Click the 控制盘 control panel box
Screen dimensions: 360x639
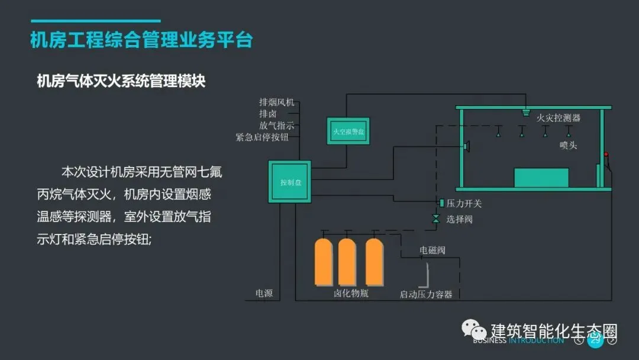coord(289,182)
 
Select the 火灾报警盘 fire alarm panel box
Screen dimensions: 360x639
coord(347,131)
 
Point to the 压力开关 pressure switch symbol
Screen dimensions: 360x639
coord(441,203)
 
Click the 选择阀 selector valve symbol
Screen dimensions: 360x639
coord(436,219)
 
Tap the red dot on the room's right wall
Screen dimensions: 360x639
coord(606,155)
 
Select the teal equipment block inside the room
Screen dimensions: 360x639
coord(541,178)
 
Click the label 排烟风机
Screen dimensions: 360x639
coord(276,102)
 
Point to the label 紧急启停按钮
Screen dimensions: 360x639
coord(262,137)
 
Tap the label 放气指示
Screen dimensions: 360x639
coord(276,126)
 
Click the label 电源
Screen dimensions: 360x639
coord(264,293)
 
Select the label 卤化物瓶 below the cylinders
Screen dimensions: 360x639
coord(351,293)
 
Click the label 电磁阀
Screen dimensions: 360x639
coord(433,250)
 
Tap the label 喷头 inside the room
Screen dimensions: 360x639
coord(568,145)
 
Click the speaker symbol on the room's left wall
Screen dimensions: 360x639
coord(466,146)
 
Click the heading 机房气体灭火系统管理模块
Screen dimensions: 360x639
coord(121,81)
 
